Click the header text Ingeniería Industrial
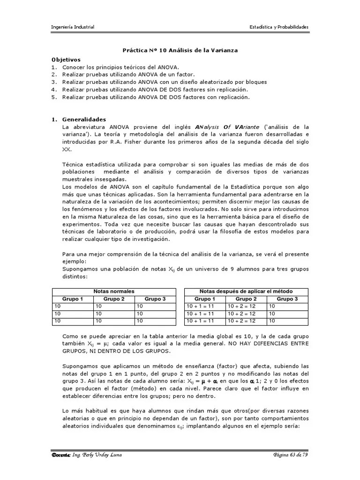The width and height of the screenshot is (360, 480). [73, 27]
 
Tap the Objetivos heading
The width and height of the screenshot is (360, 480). [66, 60]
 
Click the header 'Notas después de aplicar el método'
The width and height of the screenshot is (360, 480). [246, 291]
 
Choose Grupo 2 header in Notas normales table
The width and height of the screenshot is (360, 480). [114, 299]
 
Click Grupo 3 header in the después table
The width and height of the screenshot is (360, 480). [287, 299]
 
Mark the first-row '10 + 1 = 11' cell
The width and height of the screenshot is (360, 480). [200, 306]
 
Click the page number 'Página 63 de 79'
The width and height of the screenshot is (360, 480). [291, 455]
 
